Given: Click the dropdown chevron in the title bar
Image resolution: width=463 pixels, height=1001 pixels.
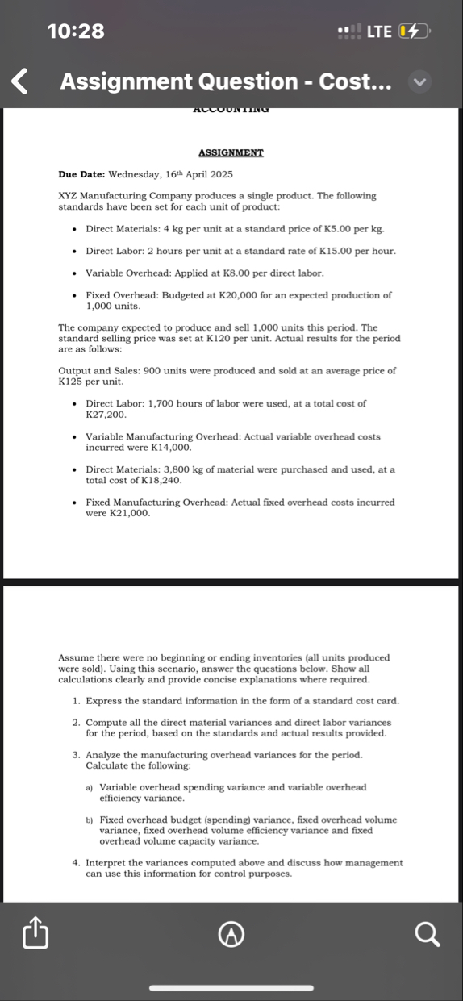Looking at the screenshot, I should pos(419,81).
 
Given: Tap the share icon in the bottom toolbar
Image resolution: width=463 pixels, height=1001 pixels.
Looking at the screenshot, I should pos(36,935).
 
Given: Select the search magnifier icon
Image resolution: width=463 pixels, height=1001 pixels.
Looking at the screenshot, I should pos(428,935).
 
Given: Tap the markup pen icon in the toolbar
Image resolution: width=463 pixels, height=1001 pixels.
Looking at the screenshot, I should pos(232,935).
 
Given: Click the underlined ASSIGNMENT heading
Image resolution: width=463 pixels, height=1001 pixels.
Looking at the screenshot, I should pos(231,152).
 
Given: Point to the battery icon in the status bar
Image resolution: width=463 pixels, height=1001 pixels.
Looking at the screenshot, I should pos(416,31).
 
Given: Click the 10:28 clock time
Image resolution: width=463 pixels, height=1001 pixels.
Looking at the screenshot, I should pos(76,31).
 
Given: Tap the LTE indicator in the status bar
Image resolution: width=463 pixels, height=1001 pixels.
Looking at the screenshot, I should pos(379,31).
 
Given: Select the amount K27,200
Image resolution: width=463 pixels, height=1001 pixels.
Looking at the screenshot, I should pos(105,414).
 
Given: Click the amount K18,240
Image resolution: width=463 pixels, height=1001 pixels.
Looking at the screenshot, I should pos(161,480).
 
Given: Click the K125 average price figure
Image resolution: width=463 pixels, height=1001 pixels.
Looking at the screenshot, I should pos(73,381).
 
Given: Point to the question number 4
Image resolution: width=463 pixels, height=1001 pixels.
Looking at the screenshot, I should pos(76,862).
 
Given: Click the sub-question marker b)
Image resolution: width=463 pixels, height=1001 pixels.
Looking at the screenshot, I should pos(90,820).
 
